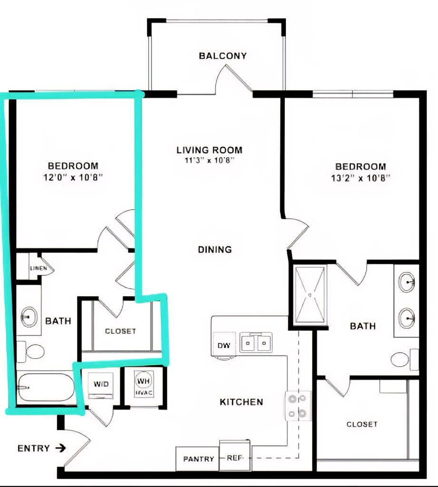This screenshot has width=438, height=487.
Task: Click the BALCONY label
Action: coord(223,56)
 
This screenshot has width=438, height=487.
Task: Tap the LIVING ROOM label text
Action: coord(209,150)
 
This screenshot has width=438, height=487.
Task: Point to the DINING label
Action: coord(215,249)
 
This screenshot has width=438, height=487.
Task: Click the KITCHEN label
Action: coord(241,402)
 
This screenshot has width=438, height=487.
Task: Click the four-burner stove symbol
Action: coord(298,405)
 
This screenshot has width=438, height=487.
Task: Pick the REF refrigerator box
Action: coord(234,458)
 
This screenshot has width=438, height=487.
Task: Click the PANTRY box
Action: coord(198,459)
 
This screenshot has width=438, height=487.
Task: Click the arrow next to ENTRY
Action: coord(60,448)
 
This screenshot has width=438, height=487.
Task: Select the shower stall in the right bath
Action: coord(310,296)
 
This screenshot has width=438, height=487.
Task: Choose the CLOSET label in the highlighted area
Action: coord(120,331)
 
